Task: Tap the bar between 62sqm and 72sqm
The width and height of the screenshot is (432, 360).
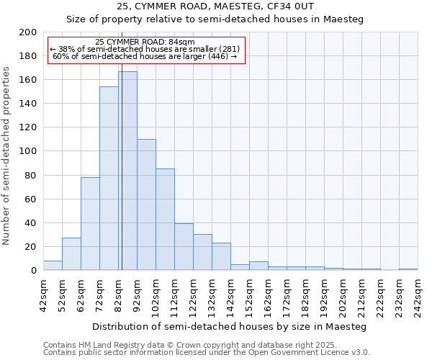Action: tap(90, 223)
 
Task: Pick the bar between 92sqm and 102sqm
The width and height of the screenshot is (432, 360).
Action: tap(146, 204)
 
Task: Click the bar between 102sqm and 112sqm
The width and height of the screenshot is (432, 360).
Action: tap(165, 220)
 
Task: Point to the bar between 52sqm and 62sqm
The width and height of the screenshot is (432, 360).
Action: tap(71, 253)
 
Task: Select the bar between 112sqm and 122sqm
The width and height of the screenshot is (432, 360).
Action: tap(184, 247)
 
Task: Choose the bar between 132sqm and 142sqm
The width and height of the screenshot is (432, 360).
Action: tap(221, 256)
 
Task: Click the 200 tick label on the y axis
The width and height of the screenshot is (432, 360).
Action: tap(28, 32)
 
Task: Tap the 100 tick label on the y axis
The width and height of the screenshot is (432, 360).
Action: tap(28, 151)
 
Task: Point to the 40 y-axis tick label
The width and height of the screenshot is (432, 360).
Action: tap(31, 222)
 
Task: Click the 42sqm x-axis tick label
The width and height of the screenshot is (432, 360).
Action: tap(43, 295)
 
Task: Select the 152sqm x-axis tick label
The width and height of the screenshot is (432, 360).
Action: tap(249, 295)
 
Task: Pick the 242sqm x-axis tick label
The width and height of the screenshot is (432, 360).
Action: tap(418, 295)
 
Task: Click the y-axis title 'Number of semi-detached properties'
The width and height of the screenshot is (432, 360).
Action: tap(7, 156)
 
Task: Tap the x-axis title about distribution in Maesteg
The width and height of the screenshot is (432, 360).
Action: tap(230, 327)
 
